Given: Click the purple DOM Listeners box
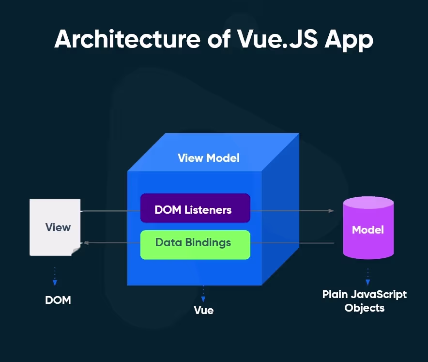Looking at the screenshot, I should click(195, 208).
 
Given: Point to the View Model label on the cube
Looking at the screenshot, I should click(209, 158).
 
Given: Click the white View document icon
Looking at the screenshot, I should click(55, 227).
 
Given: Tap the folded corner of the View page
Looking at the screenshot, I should click(76, 251).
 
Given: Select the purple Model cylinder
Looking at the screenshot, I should click(368, 230).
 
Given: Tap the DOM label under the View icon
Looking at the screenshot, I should click(58, 300).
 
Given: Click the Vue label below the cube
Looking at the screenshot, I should click(203, 310).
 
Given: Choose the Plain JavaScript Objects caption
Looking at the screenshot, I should click(365, 301).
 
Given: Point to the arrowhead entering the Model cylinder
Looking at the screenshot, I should click(331, 211).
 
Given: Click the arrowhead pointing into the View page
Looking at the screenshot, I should click(86, 243).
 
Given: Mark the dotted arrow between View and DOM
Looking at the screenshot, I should click(55, 276).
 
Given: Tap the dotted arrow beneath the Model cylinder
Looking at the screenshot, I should click(368, 277).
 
